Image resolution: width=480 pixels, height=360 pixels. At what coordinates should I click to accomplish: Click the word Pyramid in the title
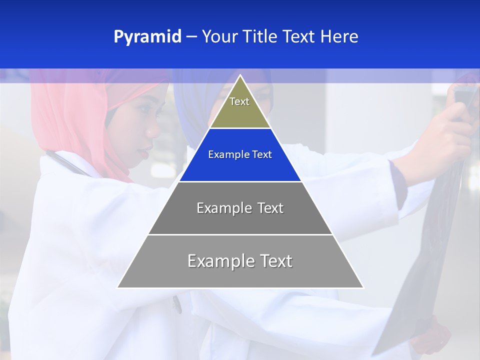pyautogui.click(x=147, y=37)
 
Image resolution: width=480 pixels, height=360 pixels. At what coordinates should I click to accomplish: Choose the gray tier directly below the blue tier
pyautogui.click(x=240, y=208)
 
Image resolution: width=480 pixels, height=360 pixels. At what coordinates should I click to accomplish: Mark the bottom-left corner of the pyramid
pyautogui.click(x=118, y=287)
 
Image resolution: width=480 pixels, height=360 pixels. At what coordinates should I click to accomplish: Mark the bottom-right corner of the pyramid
pyautogui.click(x=363, y=287)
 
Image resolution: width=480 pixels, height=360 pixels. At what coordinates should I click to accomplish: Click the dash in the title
pyautogui.click(x=191, y=37)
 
